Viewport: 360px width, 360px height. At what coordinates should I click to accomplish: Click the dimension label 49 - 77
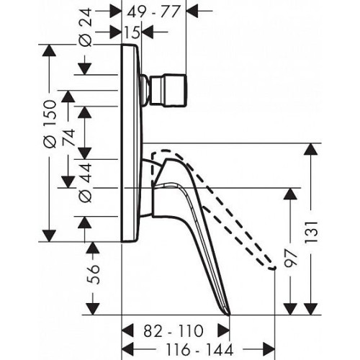153,12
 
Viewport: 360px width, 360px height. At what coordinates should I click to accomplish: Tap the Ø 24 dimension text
86,27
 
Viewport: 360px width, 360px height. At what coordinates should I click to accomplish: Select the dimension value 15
132,32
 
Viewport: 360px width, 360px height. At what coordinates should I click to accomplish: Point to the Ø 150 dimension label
50,124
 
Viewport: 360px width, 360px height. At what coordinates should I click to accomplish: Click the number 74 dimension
69,138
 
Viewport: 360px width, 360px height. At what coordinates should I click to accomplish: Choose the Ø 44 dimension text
86,183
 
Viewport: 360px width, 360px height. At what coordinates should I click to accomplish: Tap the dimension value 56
93,274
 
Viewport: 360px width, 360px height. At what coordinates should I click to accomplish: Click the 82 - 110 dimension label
174,331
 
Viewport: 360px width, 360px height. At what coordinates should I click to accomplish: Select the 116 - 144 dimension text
199,349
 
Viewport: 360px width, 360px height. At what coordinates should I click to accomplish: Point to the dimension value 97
291,258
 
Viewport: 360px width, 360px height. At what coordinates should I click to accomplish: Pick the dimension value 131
311,233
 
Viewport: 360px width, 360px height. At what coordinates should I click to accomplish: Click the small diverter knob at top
168,90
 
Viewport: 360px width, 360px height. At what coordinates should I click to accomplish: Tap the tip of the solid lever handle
230,314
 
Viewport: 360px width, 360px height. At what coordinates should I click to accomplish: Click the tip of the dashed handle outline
274,268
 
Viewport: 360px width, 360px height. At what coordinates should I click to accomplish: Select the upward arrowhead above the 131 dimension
311,149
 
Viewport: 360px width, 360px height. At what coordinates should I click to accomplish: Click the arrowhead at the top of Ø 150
49,50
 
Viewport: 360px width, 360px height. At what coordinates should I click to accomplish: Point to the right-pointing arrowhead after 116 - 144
269,349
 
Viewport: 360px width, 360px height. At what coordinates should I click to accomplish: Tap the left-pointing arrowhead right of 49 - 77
192,11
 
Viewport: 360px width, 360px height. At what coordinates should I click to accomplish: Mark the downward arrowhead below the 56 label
93,309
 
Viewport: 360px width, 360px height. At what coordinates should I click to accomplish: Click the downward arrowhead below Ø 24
86,69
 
